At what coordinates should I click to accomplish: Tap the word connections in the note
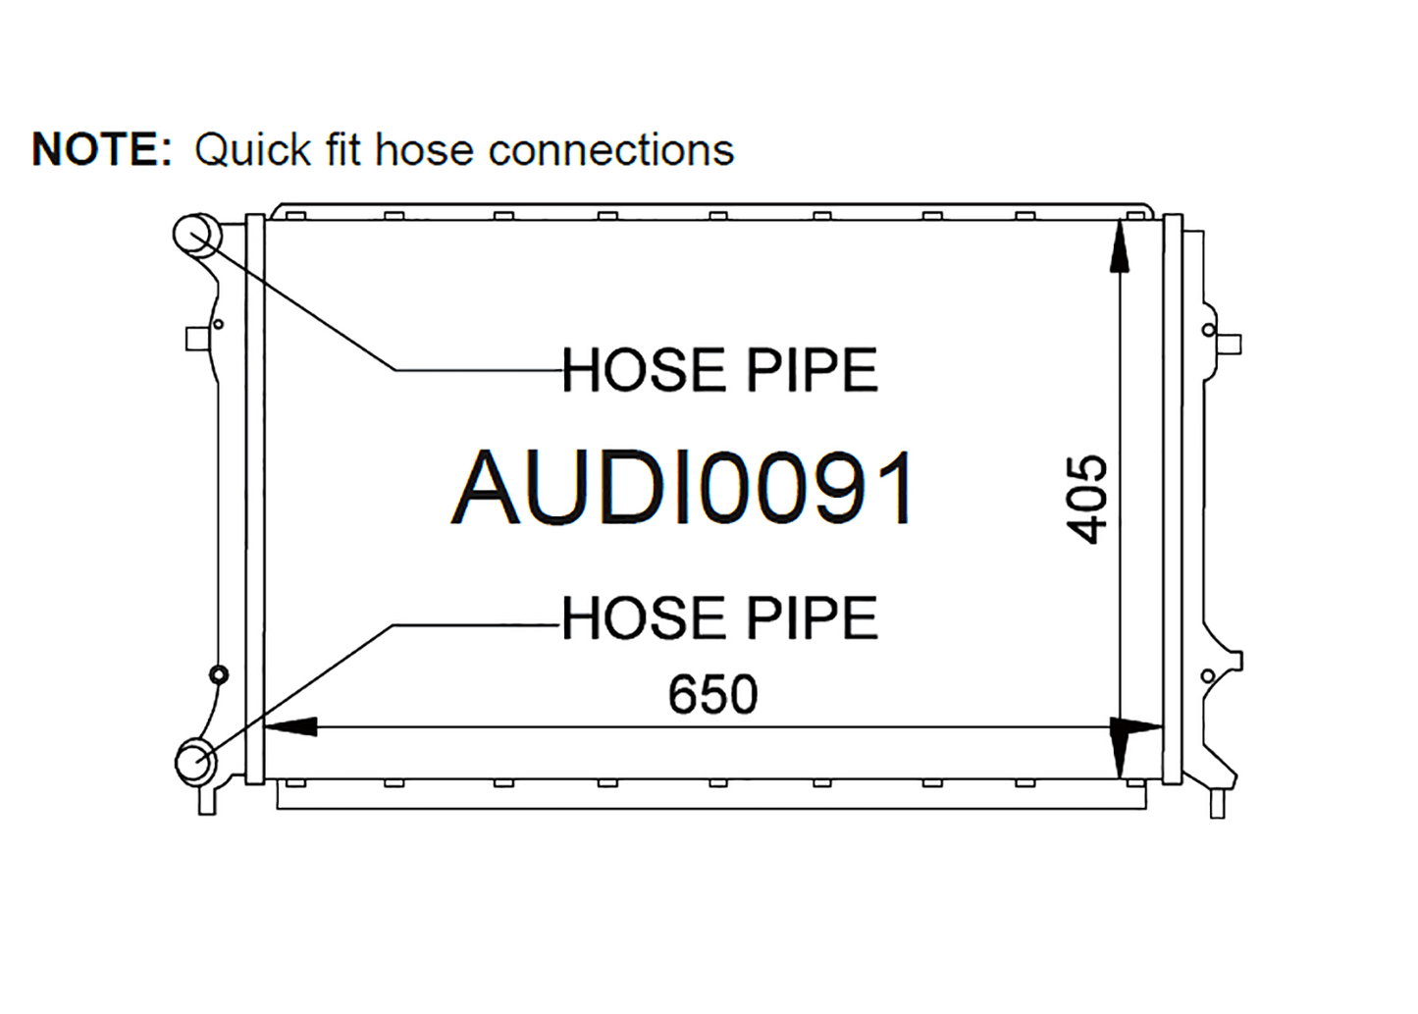pyautogui.click(x=611, y=151)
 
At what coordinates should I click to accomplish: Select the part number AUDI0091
pyautogui.click(x=682, y=487)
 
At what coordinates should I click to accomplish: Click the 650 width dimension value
pyautogui.click(x=712, y=694)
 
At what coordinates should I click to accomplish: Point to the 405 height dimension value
pyautogui.click(x=1087, y=500)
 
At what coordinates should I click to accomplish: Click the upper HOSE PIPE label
pyautogui.click(x=719, y=370)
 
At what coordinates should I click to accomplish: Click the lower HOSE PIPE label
pyautogui.click(x=719, y=617)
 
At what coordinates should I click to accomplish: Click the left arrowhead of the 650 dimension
pyautogui.click(x=290, y=726)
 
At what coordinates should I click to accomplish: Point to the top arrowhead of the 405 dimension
pyautogui.click(x=1120, y=246)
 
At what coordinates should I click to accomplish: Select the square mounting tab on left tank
pyautogui.click(x=195, y=339)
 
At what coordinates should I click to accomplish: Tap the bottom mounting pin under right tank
pyautogui.click(x=1218, y=804)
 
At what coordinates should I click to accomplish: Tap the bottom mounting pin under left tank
pyautogui.click(x=207, y=801)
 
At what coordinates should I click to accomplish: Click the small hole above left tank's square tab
pyautogui.click(x=219, y=324)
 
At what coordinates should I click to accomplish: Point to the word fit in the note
pyautogui.click(x=342, y=150)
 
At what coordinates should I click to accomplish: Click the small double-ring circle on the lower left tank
pyautogui.click(x=219, y=675)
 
